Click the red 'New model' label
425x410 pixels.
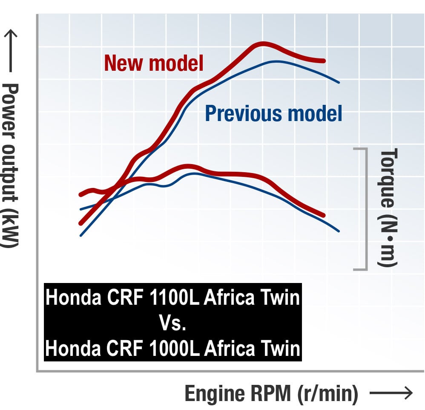click(154, 63)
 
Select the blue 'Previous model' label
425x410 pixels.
click(273, 113)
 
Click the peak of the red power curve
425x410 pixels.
click(263, 44)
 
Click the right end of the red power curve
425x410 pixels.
click(324, 61)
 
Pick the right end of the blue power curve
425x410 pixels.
click(339, 82)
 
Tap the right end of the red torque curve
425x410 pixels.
click(324, 216)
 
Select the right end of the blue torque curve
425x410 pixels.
click(339, 231)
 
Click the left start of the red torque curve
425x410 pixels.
click(80, 195)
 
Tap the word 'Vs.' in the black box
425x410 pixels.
click(172, 323)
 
